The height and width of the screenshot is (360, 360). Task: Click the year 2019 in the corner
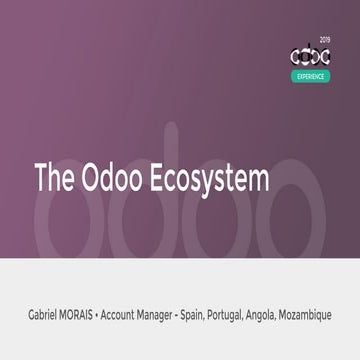coord(324,40)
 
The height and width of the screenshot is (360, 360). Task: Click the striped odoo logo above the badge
coord(310,57)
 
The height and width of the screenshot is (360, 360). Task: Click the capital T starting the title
coord(40,179)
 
